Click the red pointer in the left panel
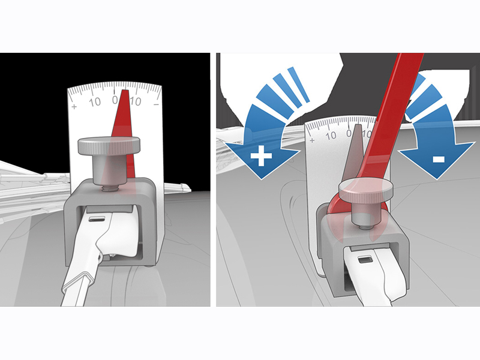(124, 120)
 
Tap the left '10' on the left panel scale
(95, 101)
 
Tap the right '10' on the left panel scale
(136, 101)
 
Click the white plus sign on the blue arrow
(259, 158)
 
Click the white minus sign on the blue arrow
(437, 159)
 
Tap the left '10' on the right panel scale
(331, 135)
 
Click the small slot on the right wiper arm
(365, 260)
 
